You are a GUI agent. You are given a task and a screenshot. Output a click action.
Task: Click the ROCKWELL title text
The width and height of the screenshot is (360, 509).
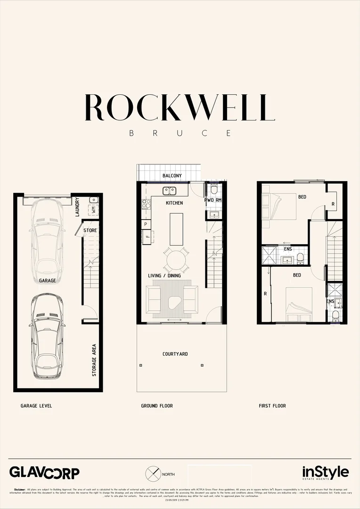point(180,107)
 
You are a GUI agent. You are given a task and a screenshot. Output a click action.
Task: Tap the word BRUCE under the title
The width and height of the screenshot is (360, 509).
point(180,133)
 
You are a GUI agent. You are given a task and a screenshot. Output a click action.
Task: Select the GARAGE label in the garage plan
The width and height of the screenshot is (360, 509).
point(48,280)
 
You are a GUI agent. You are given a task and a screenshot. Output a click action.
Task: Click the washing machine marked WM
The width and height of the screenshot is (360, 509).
point(93,210)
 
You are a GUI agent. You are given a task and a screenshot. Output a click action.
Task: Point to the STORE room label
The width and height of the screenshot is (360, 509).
point(90,230)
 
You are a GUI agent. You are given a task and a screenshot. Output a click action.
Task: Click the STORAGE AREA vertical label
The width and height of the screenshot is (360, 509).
point(94,360)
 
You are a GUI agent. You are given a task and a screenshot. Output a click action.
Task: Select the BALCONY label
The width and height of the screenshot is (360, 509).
point(172,176)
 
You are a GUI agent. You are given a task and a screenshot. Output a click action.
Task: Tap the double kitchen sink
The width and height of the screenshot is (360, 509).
point(169,191)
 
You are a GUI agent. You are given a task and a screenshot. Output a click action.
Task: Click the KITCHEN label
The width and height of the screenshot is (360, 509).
point(174,203)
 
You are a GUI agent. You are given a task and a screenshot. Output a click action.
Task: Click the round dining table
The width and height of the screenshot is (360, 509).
point(176,260)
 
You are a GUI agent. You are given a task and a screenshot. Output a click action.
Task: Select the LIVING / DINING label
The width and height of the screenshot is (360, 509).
point(164,276)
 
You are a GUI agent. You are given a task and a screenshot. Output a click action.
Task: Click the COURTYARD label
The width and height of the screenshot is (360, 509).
point(175,354)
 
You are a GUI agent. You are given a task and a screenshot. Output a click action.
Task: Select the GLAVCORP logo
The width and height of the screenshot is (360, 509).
point(45,473)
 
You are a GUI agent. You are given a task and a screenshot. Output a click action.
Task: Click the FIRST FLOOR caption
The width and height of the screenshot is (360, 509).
point(272,406)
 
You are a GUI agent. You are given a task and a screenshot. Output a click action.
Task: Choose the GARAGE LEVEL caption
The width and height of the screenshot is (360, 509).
point(36,406)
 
